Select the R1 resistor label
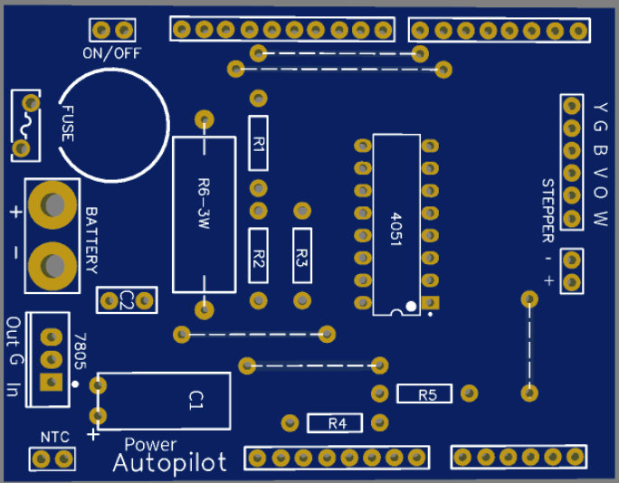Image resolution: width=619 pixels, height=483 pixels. tap(259, 143)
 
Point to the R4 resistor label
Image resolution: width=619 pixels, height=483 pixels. tap(338, 422)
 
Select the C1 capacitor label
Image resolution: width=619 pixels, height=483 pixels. tap(197, 398)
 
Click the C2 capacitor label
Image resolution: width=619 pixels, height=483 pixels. tap(128, 299)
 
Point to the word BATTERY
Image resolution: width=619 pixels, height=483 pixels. tap(91, 241)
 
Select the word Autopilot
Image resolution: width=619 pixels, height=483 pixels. tap(170, 463)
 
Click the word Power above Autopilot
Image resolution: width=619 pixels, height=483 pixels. tap(150, 444)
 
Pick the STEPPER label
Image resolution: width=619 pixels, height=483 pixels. tap(548, 211)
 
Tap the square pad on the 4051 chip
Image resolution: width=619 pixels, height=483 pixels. tap(431, 301)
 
